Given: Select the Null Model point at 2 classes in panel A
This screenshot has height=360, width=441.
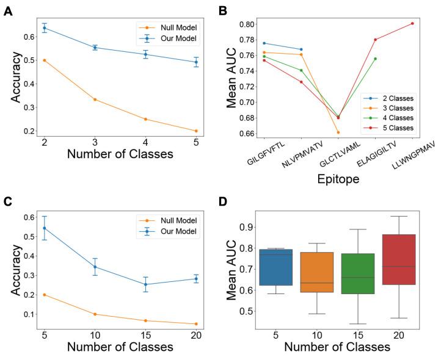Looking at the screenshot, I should tap(44, 60).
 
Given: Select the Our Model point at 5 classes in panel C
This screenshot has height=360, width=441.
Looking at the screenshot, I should tap(44, 228).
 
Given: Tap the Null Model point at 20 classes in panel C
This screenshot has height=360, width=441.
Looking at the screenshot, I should tap(196, 324).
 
